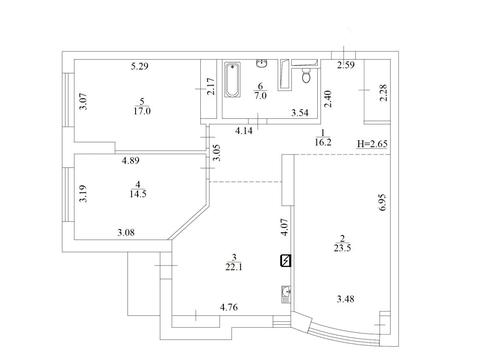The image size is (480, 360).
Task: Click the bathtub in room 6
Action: (x=232, y=80)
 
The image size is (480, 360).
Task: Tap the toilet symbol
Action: (x=306, y=76)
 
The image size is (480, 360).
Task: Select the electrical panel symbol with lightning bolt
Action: (x=286, y=261)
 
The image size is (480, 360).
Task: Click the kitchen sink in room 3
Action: (x=286, y=295)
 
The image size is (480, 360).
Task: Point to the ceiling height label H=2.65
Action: (x=372, y=144)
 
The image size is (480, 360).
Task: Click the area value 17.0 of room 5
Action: (x=142, y=111)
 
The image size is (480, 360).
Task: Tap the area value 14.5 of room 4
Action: (x=138, y=194)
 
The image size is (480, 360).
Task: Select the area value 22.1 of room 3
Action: (x=234, y=267)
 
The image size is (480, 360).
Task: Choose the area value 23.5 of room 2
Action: (x=342, y=248)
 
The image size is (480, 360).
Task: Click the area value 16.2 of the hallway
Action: (x=323, y=142)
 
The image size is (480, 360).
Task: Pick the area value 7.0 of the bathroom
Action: (x=260, y=96)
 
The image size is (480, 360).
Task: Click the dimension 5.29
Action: (x=139, y=66)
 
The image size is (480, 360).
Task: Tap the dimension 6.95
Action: (x=382, y=202)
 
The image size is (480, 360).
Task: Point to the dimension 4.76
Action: (x=229, y=307)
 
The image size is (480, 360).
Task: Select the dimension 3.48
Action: (x=345, y=299)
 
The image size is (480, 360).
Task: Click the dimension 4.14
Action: (x=244, y=131)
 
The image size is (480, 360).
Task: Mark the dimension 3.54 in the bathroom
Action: (x=300, y=113)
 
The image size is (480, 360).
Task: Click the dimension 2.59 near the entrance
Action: (x=346, y=65)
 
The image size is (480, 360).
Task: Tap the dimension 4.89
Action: (x=130, y=161)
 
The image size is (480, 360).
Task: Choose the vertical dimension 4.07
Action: (x=284, y=227)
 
